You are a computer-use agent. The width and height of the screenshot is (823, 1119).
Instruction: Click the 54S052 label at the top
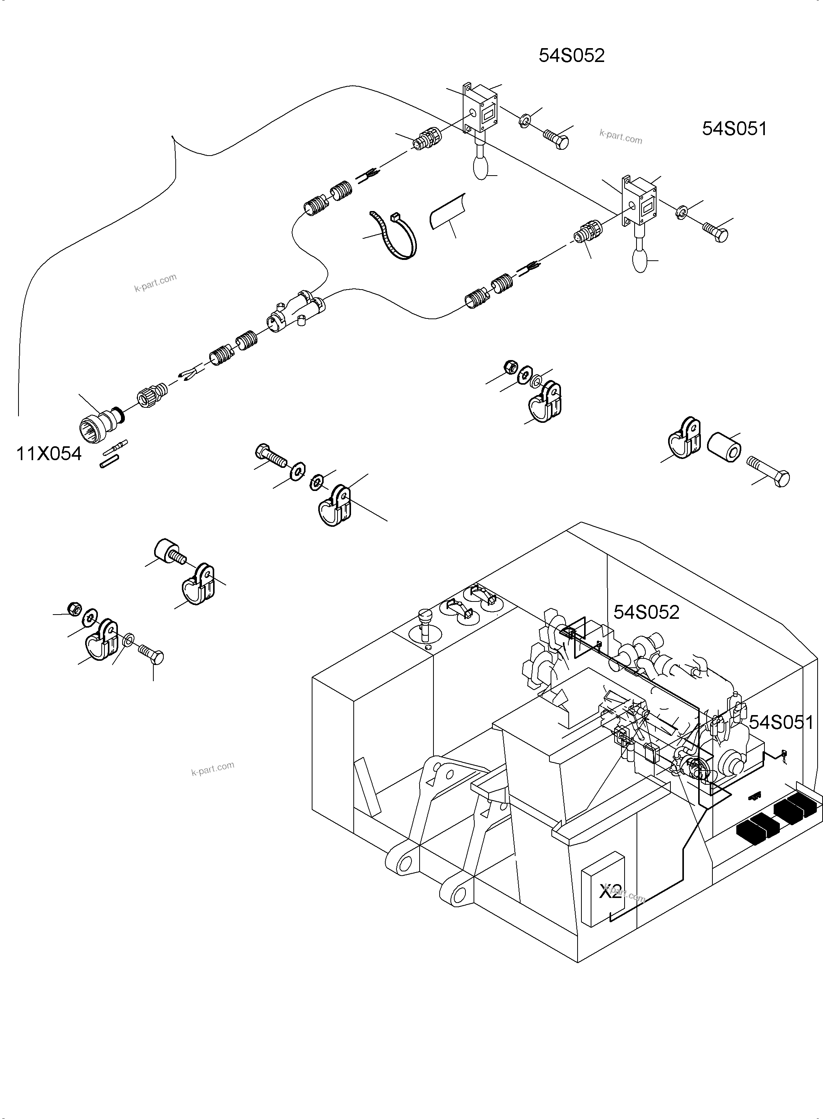(571, 55)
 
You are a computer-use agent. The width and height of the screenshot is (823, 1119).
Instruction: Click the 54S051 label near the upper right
(734, 129)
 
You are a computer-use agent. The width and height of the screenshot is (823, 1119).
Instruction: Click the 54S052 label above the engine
(646, 612)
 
